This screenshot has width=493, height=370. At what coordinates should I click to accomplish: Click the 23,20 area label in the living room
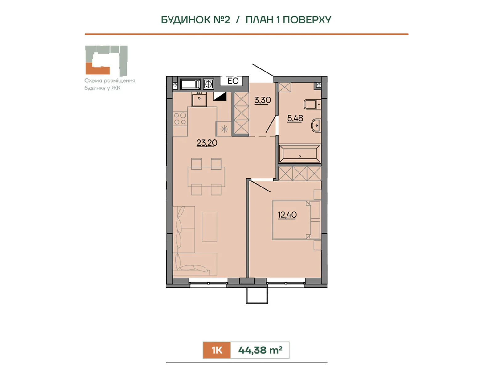click(207, 143)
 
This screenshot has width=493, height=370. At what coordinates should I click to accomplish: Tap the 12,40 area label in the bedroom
click(287, 215)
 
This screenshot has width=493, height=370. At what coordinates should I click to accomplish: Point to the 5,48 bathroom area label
click(295, 118)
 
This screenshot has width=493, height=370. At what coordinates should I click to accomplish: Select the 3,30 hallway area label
click(262, 100)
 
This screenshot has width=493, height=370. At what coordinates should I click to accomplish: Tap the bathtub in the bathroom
click(299, 154)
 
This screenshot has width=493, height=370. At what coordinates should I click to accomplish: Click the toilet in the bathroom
click(312, 104)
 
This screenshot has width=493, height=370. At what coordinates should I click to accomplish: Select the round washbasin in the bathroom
click(316, 125)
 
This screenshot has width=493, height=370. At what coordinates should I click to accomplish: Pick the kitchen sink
click(199, 99)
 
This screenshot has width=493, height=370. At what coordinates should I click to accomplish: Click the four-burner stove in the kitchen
click(180, 119)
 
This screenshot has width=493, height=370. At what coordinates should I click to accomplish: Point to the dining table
click(206, 177)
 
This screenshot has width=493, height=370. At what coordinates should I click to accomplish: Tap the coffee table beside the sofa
click(209, 227)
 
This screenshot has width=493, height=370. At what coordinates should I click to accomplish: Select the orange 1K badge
click(217, 350)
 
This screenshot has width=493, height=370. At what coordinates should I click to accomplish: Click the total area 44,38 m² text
click(260, 350)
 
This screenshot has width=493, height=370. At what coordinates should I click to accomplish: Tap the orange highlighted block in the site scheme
click(98, 68)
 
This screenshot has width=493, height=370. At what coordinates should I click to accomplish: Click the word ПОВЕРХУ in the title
click(307, 20)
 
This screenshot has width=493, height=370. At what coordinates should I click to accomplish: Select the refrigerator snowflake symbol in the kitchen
click(224, 129)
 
